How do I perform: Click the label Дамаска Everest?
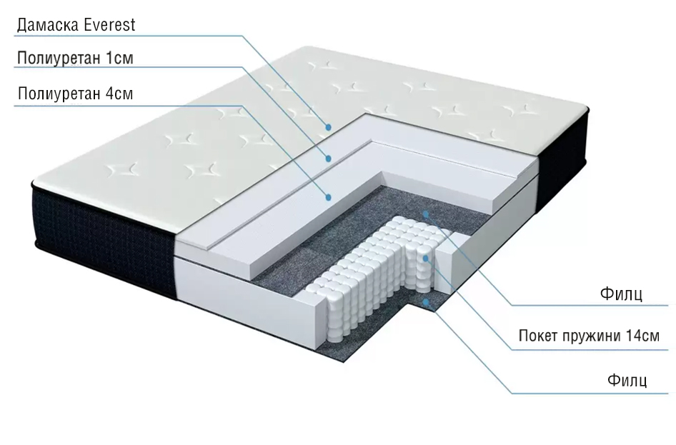pos(75,26)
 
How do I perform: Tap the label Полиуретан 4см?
pos(75,94)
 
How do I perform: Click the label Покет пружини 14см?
pos(589,336)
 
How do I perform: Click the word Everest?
pos(109,26)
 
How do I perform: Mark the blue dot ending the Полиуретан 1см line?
pos(329,158)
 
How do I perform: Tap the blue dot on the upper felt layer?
pos(427,213)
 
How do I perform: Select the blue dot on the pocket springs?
pos(426,258)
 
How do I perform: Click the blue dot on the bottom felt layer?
pos(427,302)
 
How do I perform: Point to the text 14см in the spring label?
pos(642,336)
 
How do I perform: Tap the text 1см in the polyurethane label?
pos(119,59)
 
